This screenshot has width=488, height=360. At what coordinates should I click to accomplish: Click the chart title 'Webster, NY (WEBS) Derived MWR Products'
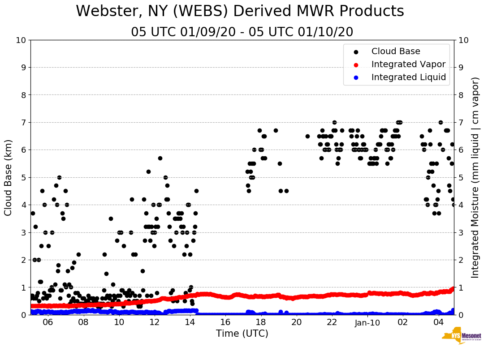pyautogui.click(x=240, y=12)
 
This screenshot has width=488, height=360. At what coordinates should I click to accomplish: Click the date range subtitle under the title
pyautogui.click(x=242, y=32)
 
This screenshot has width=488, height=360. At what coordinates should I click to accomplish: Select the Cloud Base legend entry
pyautogui.click(x=396, y=51)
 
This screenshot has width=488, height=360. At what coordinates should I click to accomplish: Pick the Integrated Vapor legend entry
pyautogui.click(x=408, y=64)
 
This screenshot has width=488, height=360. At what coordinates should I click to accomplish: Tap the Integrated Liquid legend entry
pyautogui.click(x=409, y=77)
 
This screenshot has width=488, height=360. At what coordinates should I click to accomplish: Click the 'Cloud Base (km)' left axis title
pyautogui.click(x=9, y=177)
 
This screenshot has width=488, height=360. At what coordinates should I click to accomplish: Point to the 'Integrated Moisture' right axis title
pyautogui.click(x=475, y=177)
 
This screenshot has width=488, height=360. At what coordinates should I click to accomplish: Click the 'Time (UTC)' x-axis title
pyautogui.click(x=242, y=334)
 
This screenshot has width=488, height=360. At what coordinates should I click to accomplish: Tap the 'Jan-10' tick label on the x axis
pyautogui.click(x=367, y=322)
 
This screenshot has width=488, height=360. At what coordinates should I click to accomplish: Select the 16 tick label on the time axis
pyautogui.click(x=225, y=322)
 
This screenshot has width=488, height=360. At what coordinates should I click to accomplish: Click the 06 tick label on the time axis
pyautogui.click(x=48, y=322)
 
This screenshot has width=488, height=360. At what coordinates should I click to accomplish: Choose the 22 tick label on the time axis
pyautogui.click(x=332, y=322)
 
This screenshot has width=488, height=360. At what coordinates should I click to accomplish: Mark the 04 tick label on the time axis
pyautogui.click(x=438, y=322)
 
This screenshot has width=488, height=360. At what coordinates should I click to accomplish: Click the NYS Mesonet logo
pyautogui.click(x=461, y=337)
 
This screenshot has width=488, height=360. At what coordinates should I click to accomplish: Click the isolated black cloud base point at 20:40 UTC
pyautogui.click(x=307, y=136)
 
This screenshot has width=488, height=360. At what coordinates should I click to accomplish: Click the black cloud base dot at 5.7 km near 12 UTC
pyautogui.click(x=160, y=158)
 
